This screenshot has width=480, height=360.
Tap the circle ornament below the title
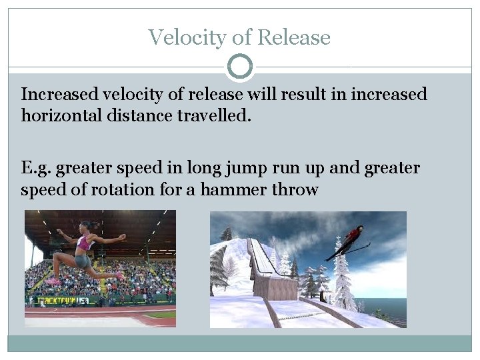(240, 67)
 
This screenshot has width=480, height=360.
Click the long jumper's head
(85, 227)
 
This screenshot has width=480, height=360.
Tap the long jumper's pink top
(85, 243)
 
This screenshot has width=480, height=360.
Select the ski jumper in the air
(351, 242)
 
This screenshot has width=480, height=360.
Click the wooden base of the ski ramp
(275, 287)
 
